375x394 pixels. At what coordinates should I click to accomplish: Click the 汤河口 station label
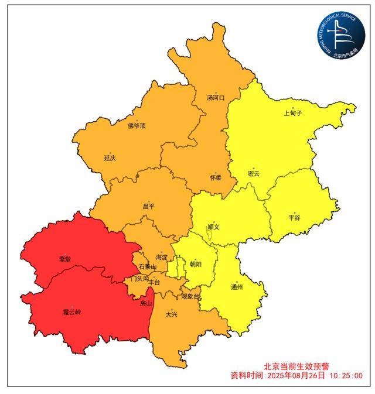pos(216,98)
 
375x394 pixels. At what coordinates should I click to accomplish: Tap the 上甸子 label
pos(292,113)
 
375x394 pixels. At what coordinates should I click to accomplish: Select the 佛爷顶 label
pos(137,126)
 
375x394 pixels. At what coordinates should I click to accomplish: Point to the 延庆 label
pos(110,158)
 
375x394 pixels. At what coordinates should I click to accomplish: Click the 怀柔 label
pos(215,177)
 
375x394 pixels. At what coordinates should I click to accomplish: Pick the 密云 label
pos(253,174)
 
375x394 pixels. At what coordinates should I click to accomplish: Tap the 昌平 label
pos(148,207)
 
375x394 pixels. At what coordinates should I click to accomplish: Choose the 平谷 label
pos(294,218)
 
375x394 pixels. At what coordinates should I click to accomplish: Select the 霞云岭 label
pos(73,313)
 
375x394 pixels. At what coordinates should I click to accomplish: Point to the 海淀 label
pos(162,258)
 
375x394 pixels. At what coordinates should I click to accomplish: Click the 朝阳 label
pos(195,264)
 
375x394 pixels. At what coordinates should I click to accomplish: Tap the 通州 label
pos(237,287)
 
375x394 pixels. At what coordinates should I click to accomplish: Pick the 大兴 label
pos(171,314)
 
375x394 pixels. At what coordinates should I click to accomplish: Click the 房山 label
pos(146,304)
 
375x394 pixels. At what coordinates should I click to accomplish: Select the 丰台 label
pos(154,282)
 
